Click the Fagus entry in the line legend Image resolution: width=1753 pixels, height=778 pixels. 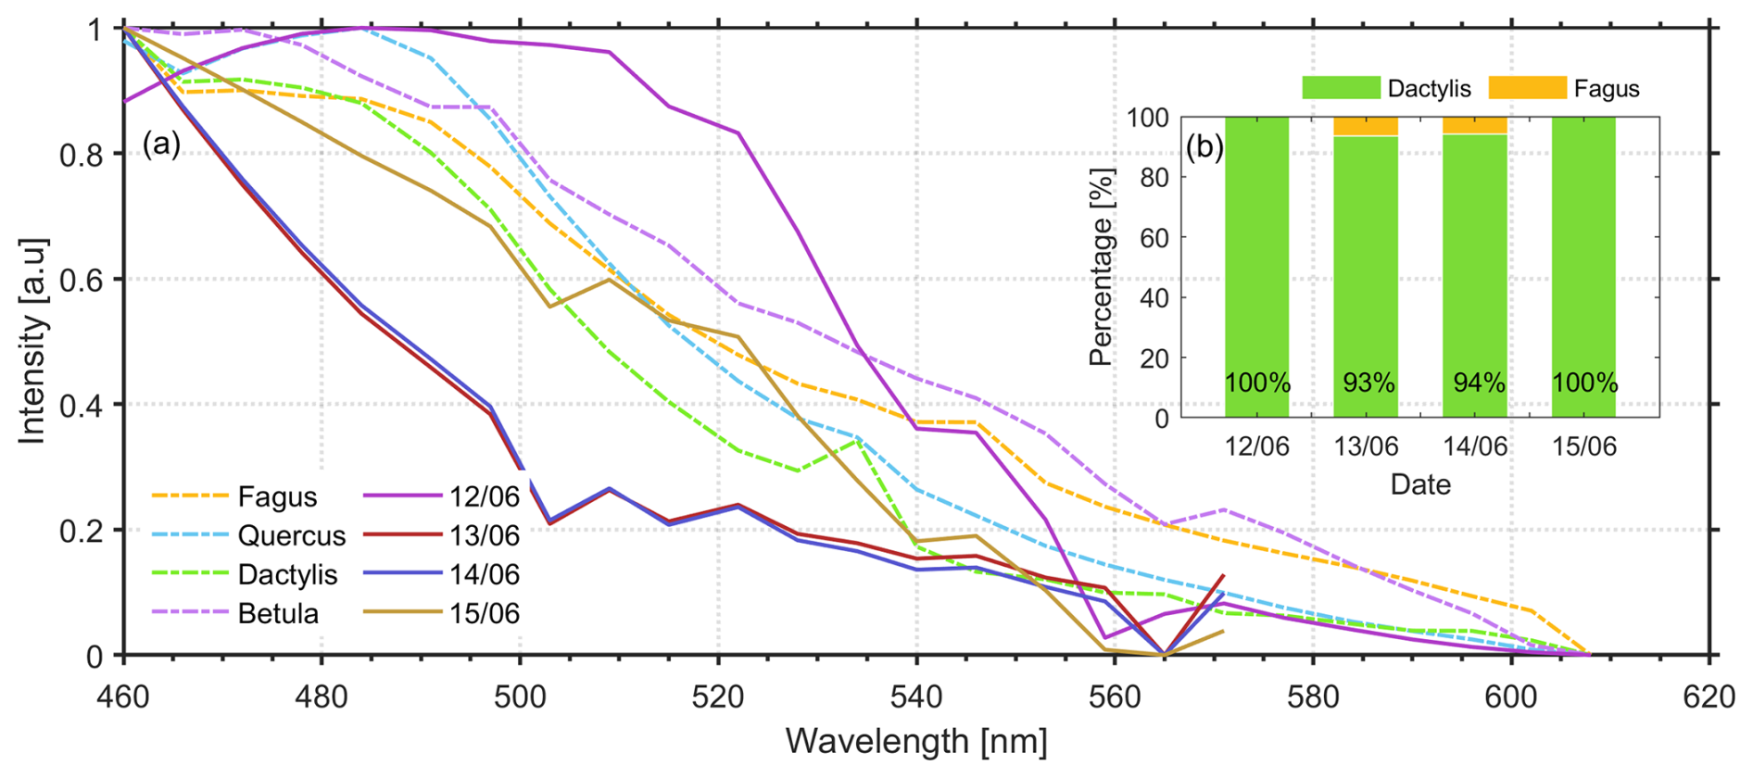pyautogui.click(x=277, y=496)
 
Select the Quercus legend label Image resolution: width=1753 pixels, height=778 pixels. pyautogui.click(x=291, y=535)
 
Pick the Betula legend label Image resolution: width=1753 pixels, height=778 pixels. pyautogui.click(x=278, y=613)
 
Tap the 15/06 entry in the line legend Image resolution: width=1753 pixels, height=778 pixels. pyautogui.click(x=484, y=613)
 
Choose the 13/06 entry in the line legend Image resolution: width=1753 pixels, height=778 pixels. pyautogui.click(x=484, y=535)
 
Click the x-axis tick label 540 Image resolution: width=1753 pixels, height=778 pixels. pyautogui.click(x=916, y=697)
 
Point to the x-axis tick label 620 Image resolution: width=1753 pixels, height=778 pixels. pyautogui.click(x=1709, y=697)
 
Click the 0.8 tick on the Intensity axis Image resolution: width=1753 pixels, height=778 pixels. pyautogui.click(x=82, y=154)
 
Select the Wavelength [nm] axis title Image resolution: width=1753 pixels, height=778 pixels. pyautogui.click(x=916, y=742)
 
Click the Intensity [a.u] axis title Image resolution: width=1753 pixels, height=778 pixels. pyautogui.click(x=32, y=341)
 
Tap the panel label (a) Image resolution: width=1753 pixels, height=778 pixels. pyautogui.click(x=161, y=144)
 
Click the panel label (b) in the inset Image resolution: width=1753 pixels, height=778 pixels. pyautogui.click(x=1204, y=146)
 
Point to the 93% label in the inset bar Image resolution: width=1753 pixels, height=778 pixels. pyautogui.click(x=1368, y=383)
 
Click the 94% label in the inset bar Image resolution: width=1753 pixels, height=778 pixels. pyautogui.click(x=1478, y=383)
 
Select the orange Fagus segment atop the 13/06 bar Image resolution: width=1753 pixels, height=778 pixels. pyautogui.click(x=1366, y=126)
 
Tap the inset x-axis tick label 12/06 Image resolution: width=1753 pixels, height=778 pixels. pyautogui.click(x=1256, y=446)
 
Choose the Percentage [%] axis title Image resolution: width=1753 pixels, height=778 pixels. pyautogui.click(x=1101, y=267)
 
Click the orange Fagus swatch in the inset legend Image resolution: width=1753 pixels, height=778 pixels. pyautogui.click(x=1527, y=88)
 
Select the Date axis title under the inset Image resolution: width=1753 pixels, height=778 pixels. pyautogui.click(x=1420, y=484)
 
